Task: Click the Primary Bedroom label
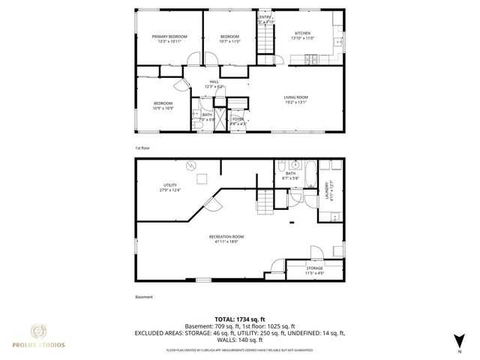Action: (x=169, y=36)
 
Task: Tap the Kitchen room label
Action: (x=302, y=33)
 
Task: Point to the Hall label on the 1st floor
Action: (x=214, y=82)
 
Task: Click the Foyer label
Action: (x=237, y=118)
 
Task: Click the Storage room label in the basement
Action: (x=314, y=268)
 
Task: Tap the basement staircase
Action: (x=263, y=202)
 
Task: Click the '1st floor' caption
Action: (x=142, y=148)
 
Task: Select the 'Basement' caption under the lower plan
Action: (x=143, y=296)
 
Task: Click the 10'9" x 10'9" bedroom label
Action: (x=163, y=108)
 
